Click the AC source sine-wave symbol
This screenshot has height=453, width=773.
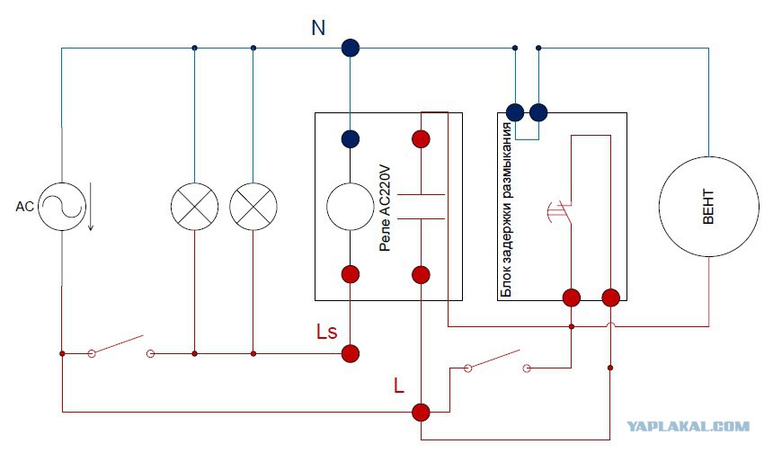[x=62, y=207]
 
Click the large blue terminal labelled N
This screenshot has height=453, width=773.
[x=350, y=49]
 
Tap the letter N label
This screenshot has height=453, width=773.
[x=318, y=28]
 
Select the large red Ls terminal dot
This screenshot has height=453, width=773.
[x=350, y=353]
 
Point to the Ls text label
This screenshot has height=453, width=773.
[x=326, y=332]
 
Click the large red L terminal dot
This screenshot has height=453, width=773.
[x=421, y=412]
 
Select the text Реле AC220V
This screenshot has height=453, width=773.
[x=386, y=209]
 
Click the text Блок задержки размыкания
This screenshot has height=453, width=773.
[x=506, y=210]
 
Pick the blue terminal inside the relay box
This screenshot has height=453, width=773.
[x=350, y=139]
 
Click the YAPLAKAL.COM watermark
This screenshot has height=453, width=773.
[x=689, y=426]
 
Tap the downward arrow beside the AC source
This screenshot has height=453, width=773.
[x=91, y=207]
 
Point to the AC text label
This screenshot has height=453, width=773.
[x=24, y=207]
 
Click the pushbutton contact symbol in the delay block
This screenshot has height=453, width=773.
[x=561, y=212]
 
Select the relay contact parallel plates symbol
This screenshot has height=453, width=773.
[x=421, y=207]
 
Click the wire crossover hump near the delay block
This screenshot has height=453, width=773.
[x=610, y=324]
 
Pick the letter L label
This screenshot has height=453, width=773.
[x=399, y=385]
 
